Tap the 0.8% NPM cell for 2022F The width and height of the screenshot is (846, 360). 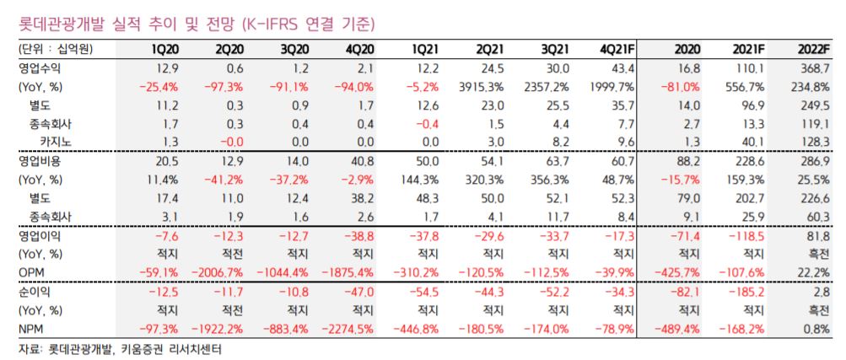pyautogui.click(x=817, y=327)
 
